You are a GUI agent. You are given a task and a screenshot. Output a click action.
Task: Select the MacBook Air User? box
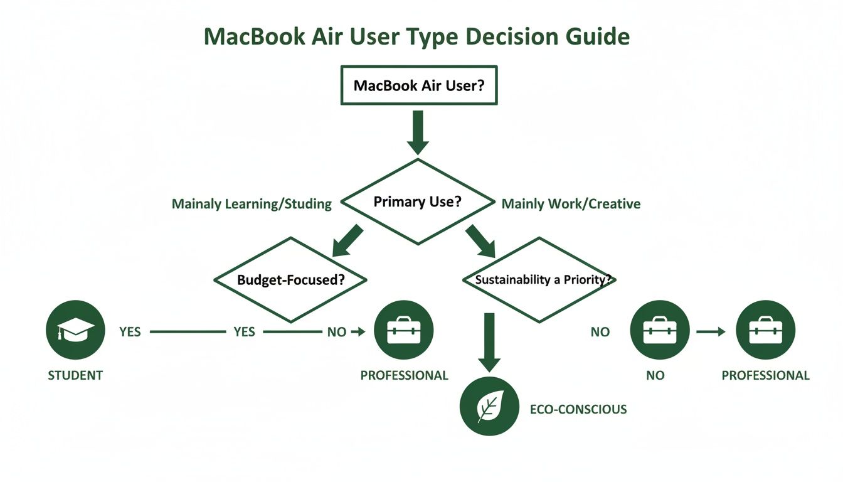[x=418, y=85]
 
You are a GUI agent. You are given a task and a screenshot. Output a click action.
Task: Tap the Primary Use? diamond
[x=417, y=202]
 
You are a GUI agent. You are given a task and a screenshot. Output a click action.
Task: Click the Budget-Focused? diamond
[x=290, y=280]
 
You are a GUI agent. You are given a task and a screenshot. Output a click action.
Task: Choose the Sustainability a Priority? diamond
[x=539, y=280]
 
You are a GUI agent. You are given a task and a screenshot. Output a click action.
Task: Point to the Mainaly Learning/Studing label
[x=252, y=204]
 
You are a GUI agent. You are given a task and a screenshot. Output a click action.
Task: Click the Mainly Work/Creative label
[x=571, y=204]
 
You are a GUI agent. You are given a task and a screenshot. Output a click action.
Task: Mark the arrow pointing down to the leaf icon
[x=489, y=342]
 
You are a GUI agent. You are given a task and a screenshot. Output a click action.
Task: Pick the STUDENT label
[x=75, y=375]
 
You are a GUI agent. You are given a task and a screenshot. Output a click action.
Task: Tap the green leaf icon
[x=489, y=406]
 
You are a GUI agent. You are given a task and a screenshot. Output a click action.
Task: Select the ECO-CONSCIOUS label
[x=578, y=410]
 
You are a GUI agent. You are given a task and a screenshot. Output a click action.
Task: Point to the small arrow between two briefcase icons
[x=710, y=331]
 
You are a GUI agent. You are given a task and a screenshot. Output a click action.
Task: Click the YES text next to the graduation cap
[x=130, y=331]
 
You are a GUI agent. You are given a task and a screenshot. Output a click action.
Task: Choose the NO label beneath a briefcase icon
[x=655, y=375]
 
